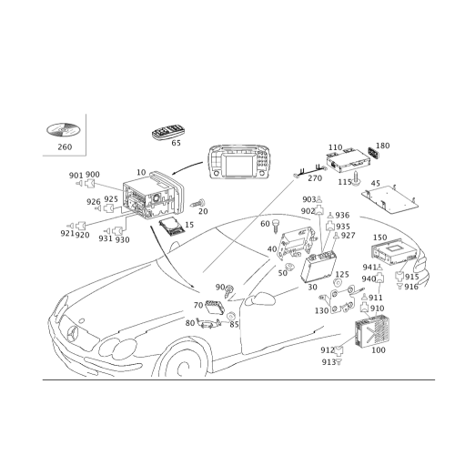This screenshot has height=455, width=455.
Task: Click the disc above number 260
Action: coord(63,130)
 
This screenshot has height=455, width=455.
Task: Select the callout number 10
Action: coord(141,172)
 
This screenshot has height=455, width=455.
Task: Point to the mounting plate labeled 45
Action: coord(389,198)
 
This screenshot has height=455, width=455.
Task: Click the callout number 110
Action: coord(335,147)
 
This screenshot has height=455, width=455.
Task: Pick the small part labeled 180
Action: coord(373,153)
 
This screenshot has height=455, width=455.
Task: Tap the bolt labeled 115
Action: coord(357,178)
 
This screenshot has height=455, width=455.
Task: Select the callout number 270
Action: coord(315,178)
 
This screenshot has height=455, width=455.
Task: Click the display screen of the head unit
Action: coord(239,167)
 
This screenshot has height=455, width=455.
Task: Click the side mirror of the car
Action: coord(260,298)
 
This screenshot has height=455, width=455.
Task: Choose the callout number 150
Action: coord(379,238)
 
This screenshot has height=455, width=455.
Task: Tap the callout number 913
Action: coord(329,362)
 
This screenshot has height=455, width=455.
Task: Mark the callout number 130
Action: coord(321,310)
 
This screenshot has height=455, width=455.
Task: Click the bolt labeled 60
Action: coord(276,226)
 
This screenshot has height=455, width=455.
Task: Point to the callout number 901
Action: coord(76,176)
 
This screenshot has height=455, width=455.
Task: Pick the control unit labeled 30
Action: coord(318,267)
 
